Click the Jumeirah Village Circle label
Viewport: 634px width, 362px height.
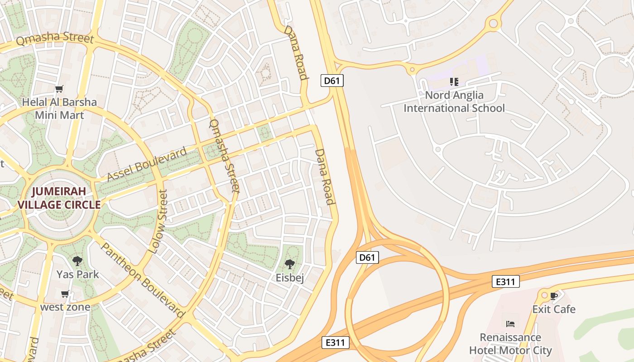59,198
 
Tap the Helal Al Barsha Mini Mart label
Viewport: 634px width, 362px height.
59,109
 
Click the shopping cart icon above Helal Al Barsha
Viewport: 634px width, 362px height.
59,89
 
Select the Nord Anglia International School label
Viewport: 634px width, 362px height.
454,102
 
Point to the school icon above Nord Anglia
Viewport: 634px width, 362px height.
454,82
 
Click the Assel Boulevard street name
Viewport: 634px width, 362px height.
147,164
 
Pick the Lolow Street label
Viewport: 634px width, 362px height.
158,222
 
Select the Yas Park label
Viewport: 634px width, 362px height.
77,274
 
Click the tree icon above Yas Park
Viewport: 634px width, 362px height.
77,261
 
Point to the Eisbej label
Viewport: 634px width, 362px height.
290,278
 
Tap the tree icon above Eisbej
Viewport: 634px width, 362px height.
290,264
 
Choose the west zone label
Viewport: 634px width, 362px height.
65,307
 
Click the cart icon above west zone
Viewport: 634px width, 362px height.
65,294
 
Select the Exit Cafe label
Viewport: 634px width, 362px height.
553,310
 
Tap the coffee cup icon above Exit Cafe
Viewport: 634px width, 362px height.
553,296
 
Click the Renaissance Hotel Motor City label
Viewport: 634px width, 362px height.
510,344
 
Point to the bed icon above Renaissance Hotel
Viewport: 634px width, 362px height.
510,324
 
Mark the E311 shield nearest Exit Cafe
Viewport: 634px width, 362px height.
505,282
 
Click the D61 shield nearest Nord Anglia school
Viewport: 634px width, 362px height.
332,81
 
